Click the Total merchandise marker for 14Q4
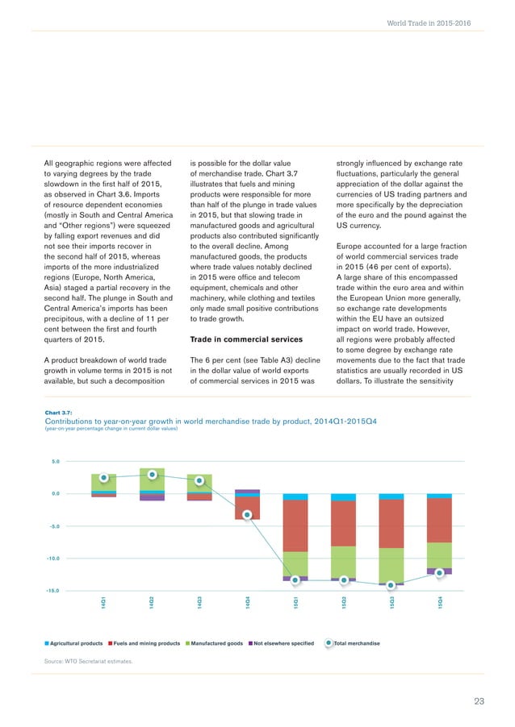[248, 515]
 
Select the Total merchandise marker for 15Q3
[391, 584]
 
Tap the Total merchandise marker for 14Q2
[152, 474]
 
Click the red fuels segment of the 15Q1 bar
[295, 526]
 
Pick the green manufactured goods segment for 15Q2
[343, 562]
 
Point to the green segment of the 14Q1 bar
[104, 482]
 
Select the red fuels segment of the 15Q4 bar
[439, 520]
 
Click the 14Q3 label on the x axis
[199, 601]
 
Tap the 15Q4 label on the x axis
[439, 601]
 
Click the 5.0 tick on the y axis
[56, 462]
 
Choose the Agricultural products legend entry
[73, 643]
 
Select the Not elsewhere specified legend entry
[282, 643]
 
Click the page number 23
[479, 702]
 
